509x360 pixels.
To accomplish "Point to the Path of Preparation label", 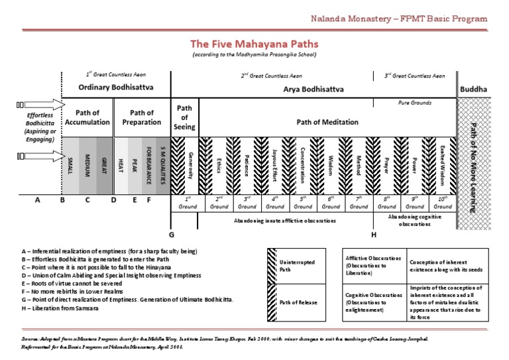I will (x=142, y=117).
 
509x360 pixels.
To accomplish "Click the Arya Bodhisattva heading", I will (x=314, y=87).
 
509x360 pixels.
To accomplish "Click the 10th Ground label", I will (x=443, y=202).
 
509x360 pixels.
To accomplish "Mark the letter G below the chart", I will (x=171, y=234).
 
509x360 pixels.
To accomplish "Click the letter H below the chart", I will (x=374, y=234).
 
